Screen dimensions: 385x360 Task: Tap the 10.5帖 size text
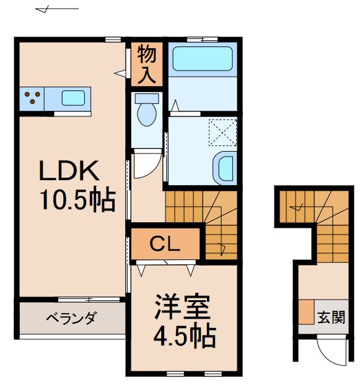pos(77,200)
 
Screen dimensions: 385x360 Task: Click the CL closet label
pos(165,244)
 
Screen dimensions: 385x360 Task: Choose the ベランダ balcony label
pos(71,319)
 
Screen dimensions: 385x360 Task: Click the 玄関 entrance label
pos(331,318)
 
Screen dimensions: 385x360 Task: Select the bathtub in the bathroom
pos(201,59)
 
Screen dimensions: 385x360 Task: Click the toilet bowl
pos(147,114)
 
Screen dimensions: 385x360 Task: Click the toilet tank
pos(147,98)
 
